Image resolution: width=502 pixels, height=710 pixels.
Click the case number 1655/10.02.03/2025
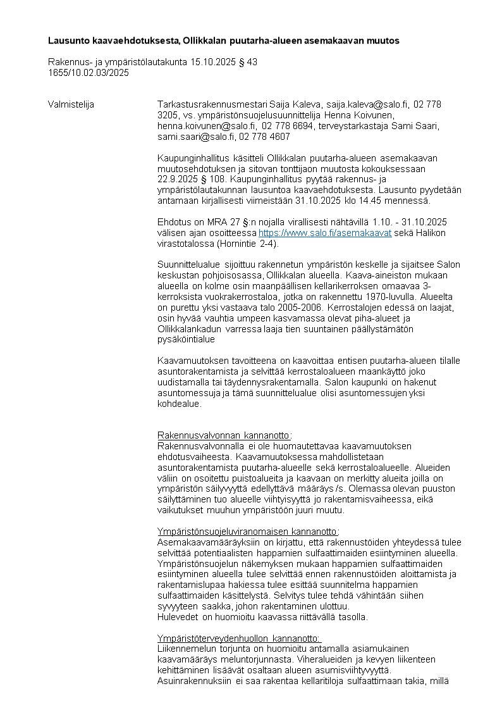(89, 73)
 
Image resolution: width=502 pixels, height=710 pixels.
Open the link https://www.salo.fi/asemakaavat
(325, 233)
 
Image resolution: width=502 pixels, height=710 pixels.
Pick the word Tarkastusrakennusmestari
(212, 104)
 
